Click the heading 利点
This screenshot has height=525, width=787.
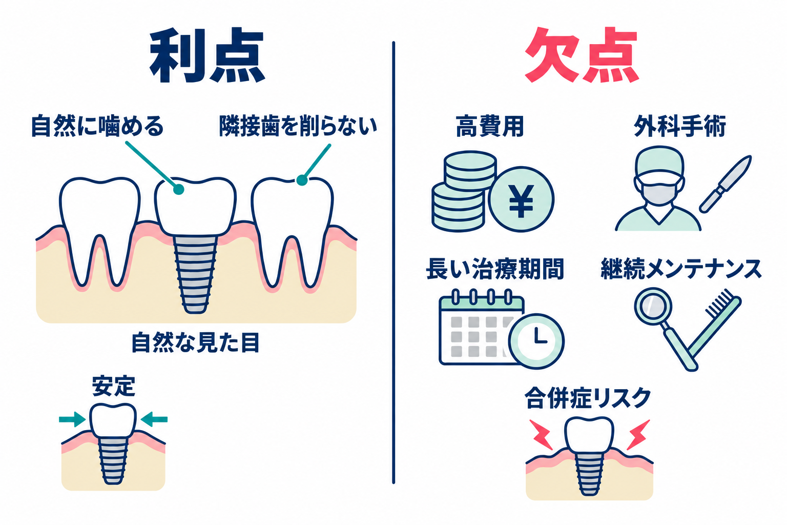pyautogui.click(x=207, y=56)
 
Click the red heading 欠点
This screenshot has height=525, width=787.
pyautogui.click(x=581, y=55)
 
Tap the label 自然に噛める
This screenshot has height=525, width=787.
pyautogui.click(x=97, y=126)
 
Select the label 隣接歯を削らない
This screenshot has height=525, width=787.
pyautogui.click(x=298, y=126)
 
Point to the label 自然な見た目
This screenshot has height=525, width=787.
pyautogui.click(x=195, y=342)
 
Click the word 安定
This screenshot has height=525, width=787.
pyautogui.click(x=113, y=386)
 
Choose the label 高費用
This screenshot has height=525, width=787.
pyautogui.click(x=490, y=126)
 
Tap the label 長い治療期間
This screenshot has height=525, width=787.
pyautogui.click(x=495, y=269)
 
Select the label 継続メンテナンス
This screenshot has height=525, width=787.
pyautogui.click(x=681, y=269)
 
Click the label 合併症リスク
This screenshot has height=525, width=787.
pyautogui.click(x=588, y=398)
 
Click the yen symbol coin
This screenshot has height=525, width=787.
pyautogui.click(x=521, y=199)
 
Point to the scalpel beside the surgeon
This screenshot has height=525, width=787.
pyautogui.click(x=725, y=184)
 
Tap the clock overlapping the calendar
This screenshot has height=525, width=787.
pyautogui.click(x=536, y=341)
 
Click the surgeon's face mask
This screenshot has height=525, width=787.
pyautogui.click(x=659, y=193)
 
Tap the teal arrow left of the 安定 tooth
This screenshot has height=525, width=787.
pyautogui.click(x=72, y=419)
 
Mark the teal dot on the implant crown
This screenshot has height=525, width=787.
pyautogui.click(x=178, y=190)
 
